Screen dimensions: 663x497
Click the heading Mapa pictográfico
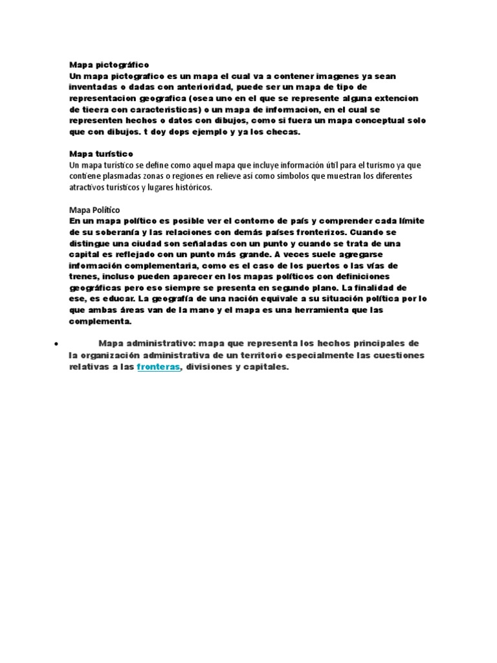[x=109, y=65]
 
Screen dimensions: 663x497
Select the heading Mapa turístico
[x=101, y=154]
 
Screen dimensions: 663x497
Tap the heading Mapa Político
[x=94, y=210]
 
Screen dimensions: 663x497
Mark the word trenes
[x=83, y=276]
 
